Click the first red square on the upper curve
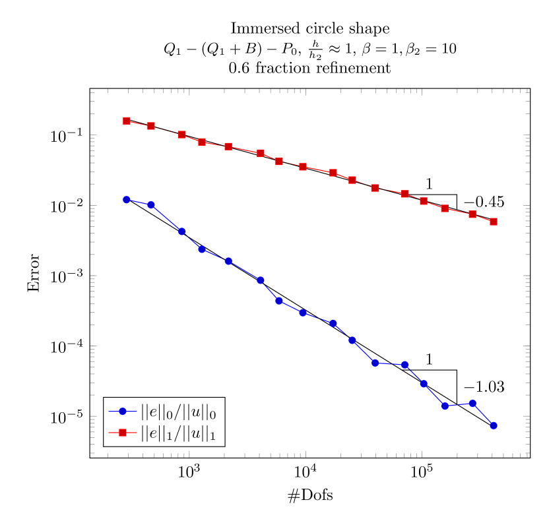click(x=126, y=121)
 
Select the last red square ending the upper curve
click(x=494, y=222)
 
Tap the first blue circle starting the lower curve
click(x=126, y=199)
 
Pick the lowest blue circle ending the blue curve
click(x=494, y=425)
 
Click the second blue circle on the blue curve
click(x=151, y=205)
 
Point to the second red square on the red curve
click(x=151, y=126)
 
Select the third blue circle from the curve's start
click(x=182, y=232)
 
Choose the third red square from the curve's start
click(x=182, y=135)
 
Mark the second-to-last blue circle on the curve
click(x=472, y=403)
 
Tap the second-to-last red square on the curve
click(x=472, y=214)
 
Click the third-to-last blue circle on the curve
click(x=445, y=406)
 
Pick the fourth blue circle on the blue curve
click(x=202, y=249)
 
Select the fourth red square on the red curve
click(x=202, y=142)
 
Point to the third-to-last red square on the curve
click(x=445, y=208)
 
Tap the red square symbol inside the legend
click(x=122, y=433)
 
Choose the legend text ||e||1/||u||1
click(x=178, y=434)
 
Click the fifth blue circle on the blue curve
click(x=228, y=261)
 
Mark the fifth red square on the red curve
click(x=228, y=146)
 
